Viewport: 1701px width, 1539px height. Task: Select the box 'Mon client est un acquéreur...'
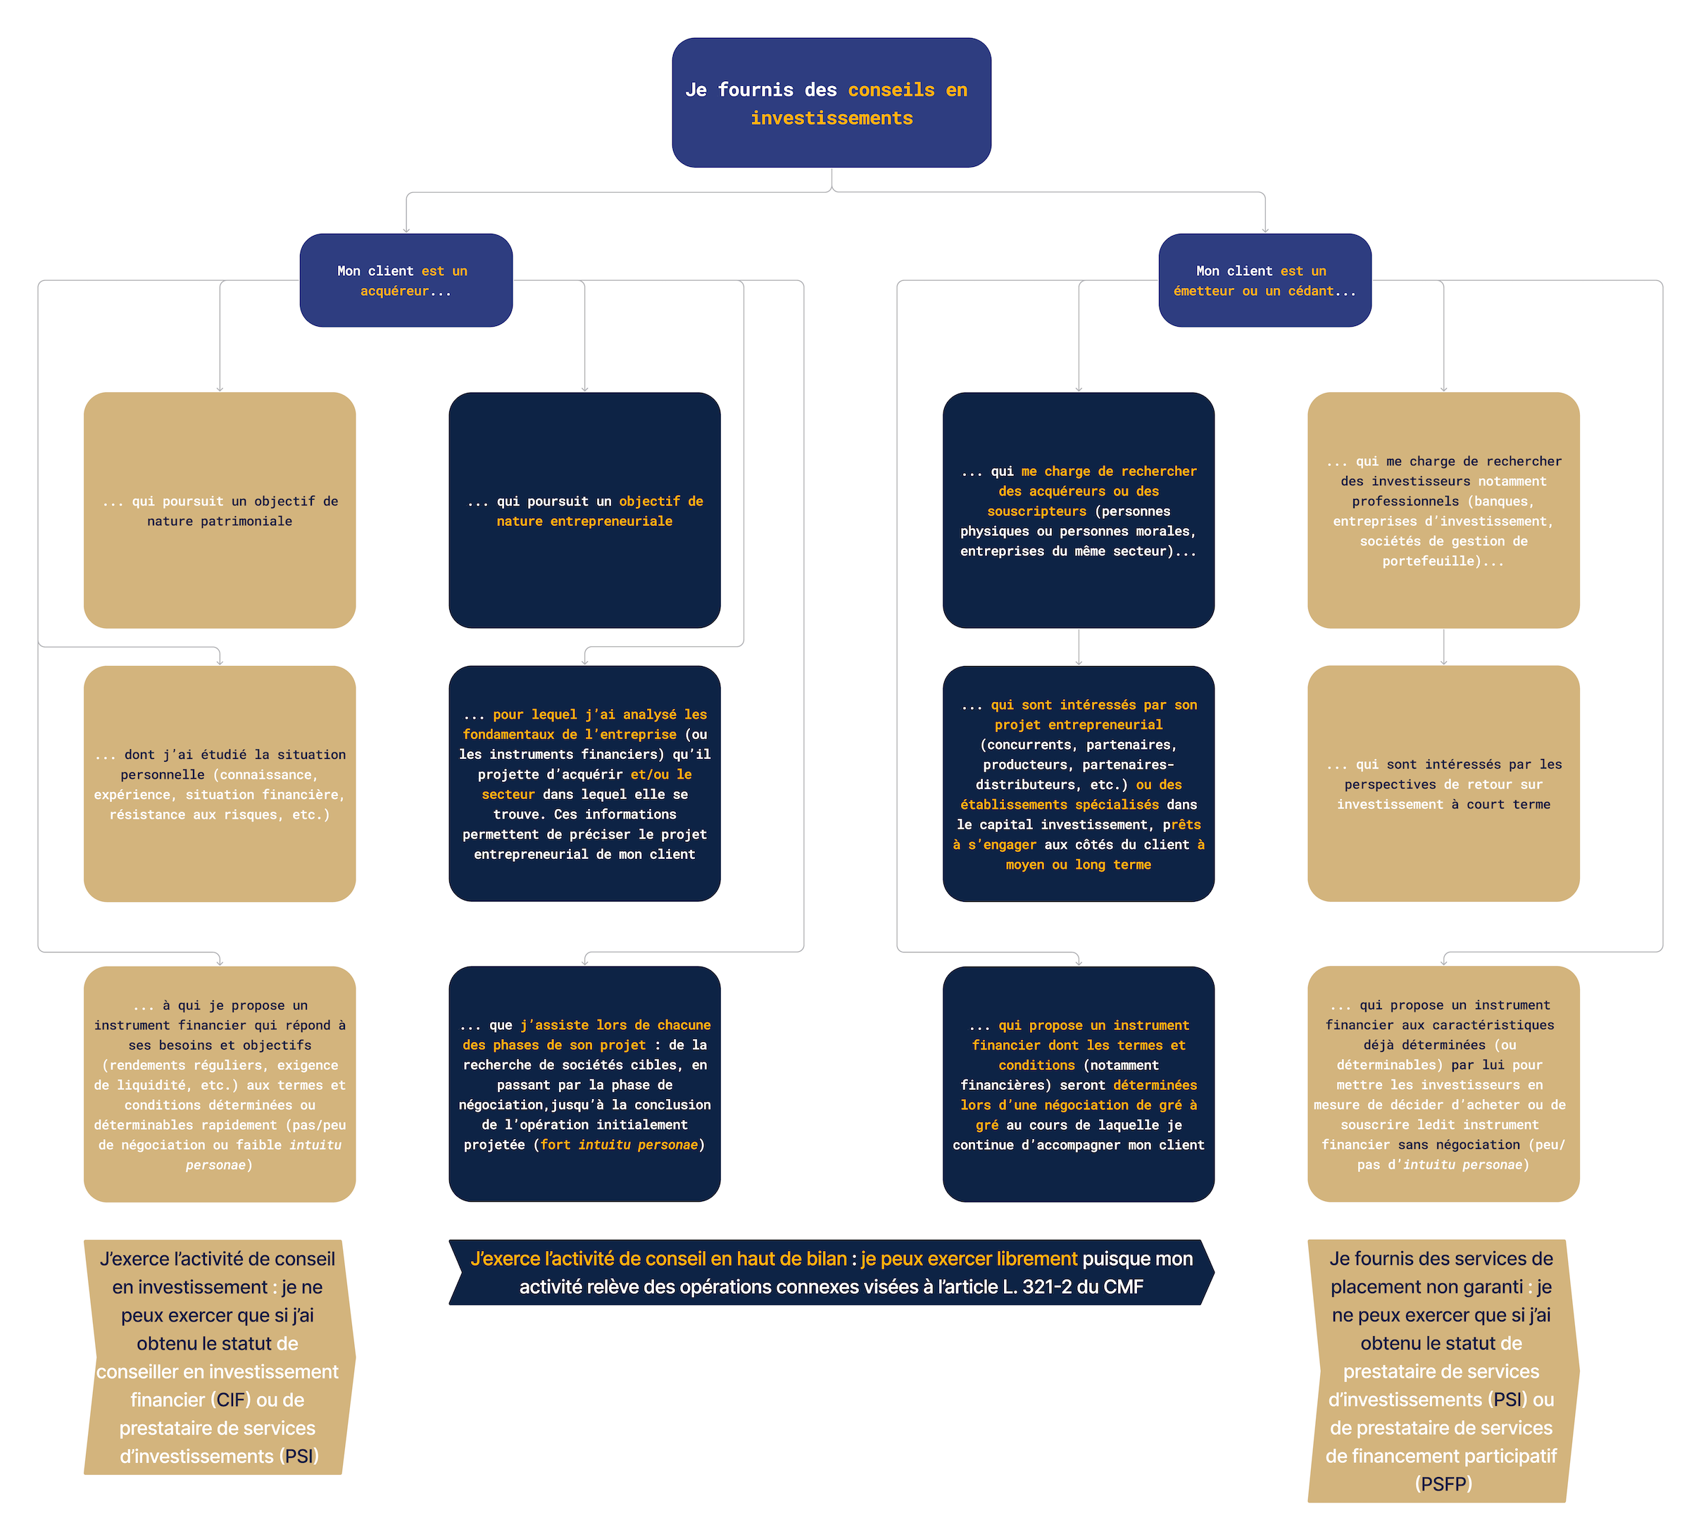406,280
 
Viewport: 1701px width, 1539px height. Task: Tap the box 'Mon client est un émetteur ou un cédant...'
1264,280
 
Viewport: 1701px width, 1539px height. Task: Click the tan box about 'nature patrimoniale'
220,510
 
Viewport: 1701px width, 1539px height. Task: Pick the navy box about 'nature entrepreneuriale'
584,510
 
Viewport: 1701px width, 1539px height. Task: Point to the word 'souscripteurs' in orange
1037,511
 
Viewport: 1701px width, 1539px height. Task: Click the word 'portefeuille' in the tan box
1428,561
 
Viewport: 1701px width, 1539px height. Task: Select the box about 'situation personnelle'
220,784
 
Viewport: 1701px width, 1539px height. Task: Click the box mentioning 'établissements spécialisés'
1079,784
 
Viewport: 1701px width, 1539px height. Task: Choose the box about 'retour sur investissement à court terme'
1443,784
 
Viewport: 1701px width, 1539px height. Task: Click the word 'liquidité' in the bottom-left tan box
152,1085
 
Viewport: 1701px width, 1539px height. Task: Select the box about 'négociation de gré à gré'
1079,1084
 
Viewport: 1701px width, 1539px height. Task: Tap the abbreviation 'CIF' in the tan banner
231,1400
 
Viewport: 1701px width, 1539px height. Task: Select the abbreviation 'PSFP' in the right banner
1443,1484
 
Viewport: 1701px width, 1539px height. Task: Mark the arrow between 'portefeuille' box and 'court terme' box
1443,647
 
